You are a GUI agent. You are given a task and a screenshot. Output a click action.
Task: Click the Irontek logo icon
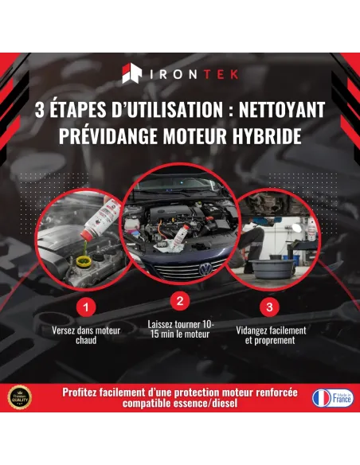tap(131, 75)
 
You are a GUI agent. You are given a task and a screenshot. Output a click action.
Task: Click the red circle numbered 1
tap(86, 306)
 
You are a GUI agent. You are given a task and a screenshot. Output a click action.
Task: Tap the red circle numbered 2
tap(180, 301)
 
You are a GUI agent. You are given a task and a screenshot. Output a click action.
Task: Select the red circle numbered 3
tap(270, 306)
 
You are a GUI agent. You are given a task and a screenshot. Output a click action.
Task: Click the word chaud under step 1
tap(86, 340)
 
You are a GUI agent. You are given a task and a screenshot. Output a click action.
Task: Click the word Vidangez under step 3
tap(255, 330)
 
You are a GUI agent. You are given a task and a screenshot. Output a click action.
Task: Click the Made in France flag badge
tap(333, 397)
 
